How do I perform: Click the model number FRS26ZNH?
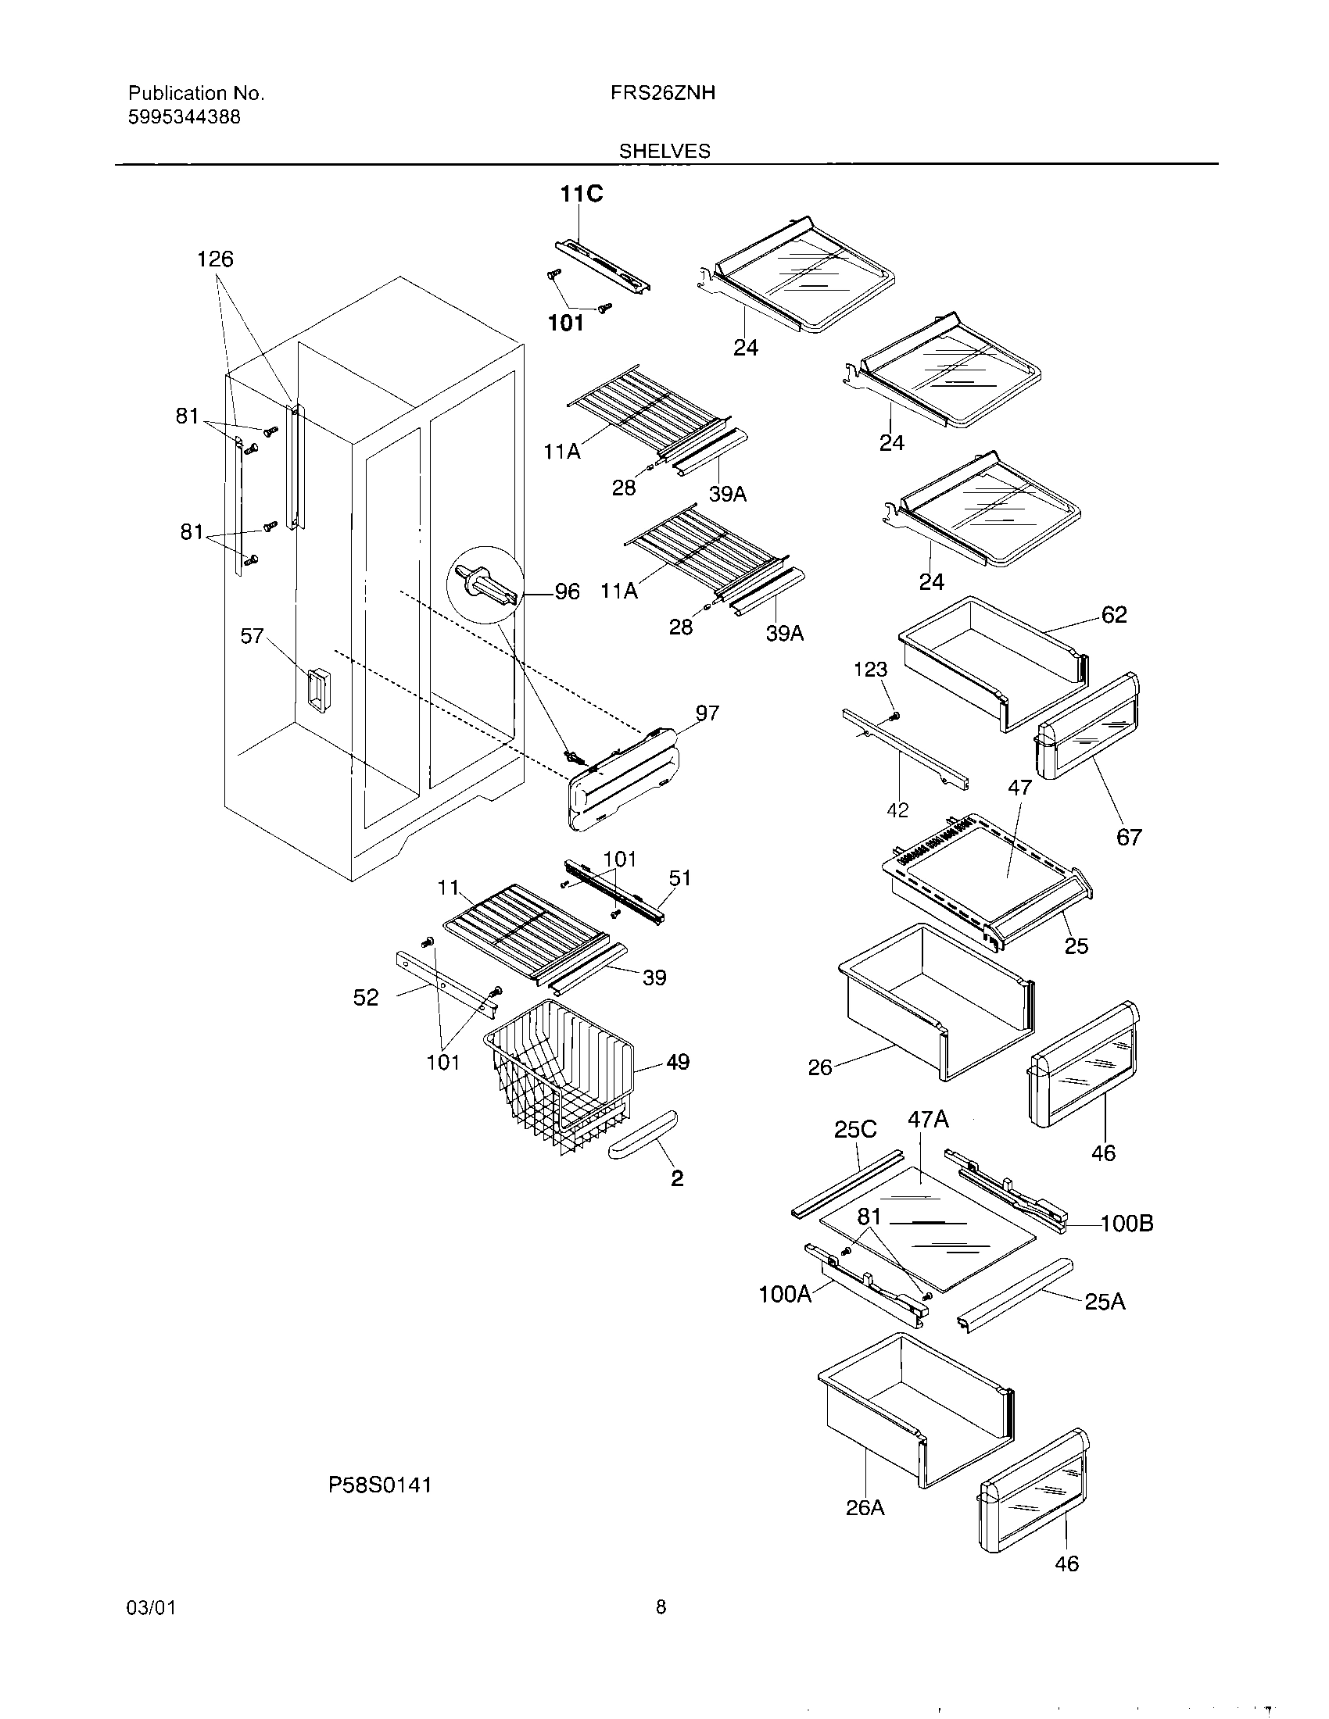(662, 93)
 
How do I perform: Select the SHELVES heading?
(664, 151)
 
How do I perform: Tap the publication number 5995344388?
(184, 117)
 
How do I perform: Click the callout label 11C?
(581, 194)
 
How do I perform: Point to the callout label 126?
(215, 259)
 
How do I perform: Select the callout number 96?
(567, 592)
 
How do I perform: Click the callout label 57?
(252, 636)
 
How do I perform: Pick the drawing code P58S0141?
(379, 1485)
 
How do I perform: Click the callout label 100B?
(1127, 1223)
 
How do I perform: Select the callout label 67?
(1128, 838)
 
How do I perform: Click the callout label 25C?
(855, 1130)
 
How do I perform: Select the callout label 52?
(366, 998)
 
